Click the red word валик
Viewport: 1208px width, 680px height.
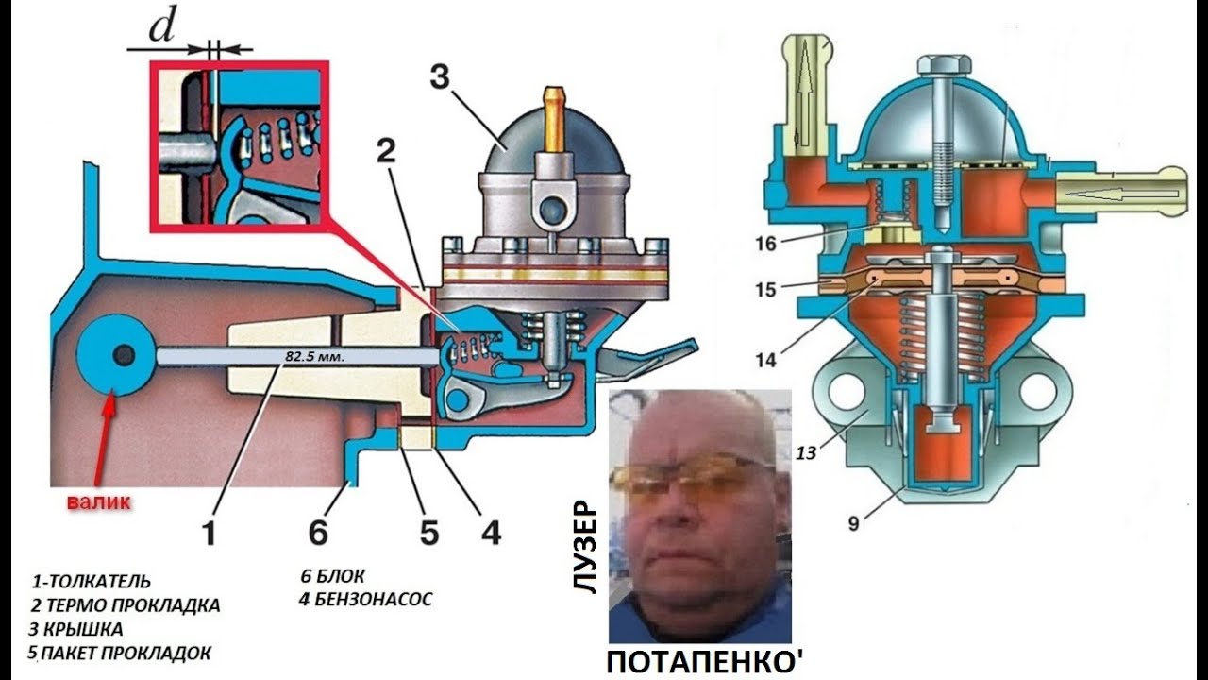98,501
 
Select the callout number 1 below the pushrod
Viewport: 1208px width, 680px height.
209,533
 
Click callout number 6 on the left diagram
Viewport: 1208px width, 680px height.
318,533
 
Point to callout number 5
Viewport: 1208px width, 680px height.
429,533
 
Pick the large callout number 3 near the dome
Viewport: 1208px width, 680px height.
440,79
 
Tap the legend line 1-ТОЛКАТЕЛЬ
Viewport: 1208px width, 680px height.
91,582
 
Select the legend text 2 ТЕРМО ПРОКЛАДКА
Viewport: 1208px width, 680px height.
126,605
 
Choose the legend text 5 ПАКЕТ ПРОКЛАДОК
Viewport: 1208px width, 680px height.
120,653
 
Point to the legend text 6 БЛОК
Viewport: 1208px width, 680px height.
332,576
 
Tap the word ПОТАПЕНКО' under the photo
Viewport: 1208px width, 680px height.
704,661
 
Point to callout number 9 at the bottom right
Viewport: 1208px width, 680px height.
852,521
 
